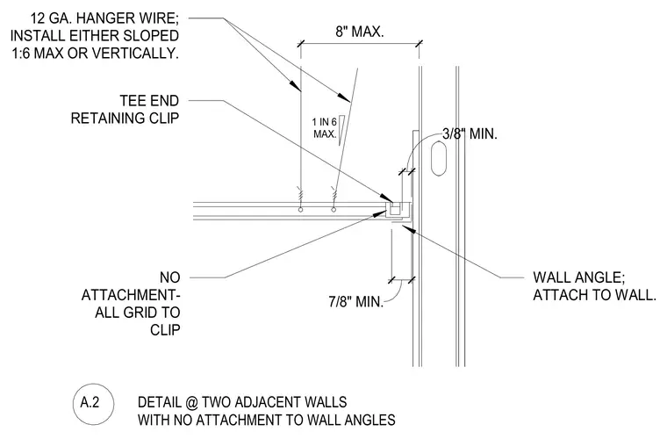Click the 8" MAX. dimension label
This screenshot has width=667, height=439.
point(360,32)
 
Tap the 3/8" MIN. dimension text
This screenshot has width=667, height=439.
point(470,134)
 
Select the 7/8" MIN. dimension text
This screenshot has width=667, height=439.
point(355,302)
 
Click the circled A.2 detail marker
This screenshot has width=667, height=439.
point(94,404)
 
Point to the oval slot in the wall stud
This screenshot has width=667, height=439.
point(439,159)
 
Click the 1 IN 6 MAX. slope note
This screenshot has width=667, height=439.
point(325,128)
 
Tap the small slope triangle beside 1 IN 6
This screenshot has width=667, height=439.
point(342,131)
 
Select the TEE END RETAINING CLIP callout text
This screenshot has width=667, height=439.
point(125,110)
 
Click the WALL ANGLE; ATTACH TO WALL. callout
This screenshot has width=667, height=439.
point(594,286)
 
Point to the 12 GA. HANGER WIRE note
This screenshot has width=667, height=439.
point(95,36)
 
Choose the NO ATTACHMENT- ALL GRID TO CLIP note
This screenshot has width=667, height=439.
point(131,303)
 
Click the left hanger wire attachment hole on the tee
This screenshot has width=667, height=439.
point(301,209)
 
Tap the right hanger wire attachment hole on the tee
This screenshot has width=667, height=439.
point(333,209)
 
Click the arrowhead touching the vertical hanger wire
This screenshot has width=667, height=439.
point(296,85)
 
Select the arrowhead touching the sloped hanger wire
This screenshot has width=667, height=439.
point(344,97)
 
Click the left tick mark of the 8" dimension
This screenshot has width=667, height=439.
point(301,43)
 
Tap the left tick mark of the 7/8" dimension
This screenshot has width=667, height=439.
point(391,279)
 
